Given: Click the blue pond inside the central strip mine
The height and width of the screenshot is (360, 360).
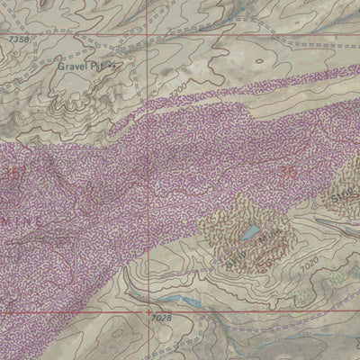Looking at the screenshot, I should (247, 237).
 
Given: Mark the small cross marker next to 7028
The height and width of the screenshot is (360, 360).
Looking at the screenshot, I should (149, 313).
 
